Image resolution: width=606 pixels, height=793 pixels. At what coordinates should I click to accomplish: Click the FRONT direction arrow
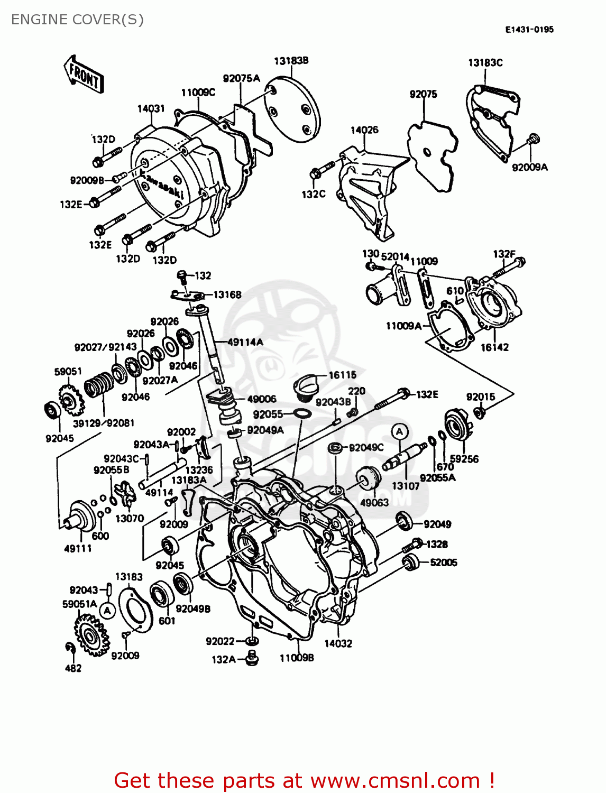tap(84, 75)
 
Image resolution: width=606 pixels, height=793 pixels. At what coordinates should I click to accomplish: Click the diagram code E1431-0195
tap(529, 30)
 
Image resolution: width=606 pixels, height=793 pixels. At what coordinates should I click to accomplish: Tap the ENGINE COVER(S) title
tap(77, 20)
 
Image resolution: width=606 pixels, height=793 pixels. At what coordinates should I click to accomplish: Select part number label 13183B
tap(291, 61)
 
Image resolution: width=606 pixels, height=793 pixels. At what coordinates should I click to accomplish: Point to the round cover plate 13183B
tap(292, 110)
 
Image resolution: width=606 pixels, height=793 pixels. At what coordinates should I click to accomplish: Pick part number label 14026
tap(364, 130)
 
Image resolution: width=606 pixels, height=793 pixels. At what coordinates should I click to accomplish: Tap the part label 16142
tap(494, 347)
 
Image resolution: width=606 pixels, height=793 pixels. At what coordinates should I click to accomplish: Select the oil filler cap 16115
tap(305, 385)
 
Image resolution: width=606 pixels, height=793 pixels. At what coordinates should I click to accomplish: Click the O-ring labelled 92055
tap(301, 413)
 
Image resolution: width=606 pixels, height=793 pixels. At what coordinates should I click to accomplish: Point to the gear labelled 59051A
tap(91, 634)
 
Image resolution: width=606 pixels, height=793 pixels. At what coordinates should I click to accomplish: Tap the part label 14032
tap(338, 643)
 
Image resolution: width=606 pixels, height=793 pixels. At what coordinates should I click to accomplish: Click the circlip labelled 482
tap(70, 648)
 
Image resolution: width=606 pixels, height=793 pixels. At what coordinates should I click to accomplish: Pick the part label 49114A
tap(245, 342)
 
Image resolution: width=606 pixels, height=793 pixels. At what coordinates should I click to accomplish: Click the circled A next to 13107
tap(399, 431)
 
